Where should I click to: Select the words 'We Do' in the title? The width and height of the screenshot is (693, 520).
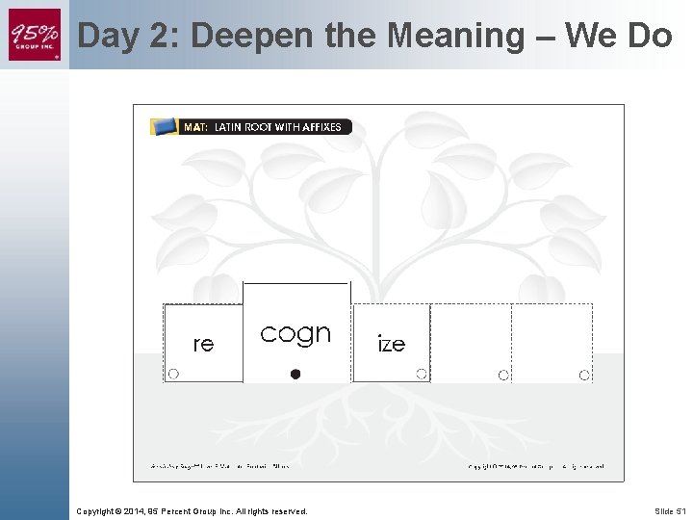[618, 36]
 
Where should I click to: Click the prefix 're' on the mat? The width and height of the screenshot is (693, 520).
[203, 344]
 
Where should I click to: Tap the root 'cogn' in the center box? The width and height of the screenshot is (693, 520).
[295, 333]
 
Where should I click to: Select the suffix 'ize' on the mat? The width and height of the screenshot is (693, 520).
[391, 344]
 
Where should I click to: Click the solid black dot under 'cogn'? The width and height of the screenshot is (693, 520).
[295, 374]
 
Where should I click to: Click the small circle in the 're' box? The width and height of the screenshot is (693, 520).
[173, 374]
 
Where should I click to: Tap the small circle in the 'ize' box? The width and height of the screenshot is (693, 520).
[422, 374]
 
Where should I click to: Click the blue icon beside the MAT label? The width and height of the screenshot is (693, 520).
[165, 126]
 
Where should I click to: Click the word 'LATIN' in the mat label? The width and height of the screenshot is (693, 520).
[229, 127]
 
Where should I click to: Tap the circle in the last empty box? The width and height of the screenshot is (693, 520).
[584, 375]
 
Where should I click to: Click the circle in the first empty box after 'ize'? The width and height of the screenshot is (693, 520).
[503, 375]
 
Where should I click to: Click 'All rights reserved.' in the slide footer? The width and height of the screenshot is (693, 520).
[273, 510]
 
